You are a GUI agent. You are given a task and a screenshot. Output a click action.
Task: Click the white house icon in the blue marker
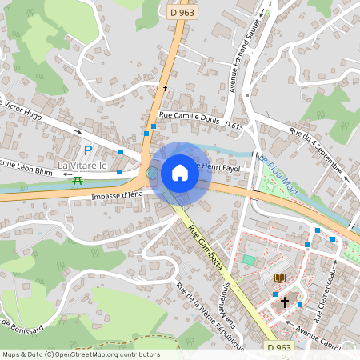(180, 173)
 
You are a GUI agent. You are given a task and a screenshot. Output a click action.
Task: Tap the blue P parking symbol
(88, 150)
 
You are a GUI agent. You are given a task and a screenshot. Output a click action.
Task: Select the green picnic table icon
(77, 181)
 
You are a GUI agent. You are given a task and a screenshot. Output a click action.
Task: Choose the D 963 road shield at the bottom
(280, 348)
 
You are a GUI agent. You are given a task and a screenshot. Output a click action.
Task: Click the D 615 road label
(234, 126)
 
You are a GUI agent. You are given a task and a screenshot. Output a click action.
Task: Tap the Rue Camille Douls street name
(189, 115)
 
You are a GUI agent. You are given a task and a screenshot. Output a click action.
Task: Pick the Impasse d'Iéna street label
(117, 195)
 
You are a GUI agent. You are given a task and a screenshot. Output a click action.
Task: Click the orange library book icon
(279, 278)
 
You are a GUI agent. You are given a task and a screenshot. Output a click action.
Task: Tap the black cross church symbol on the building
(284, 302)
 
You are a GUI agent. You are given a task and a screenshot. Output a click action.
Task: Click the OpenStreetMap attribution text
(80, 354)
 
